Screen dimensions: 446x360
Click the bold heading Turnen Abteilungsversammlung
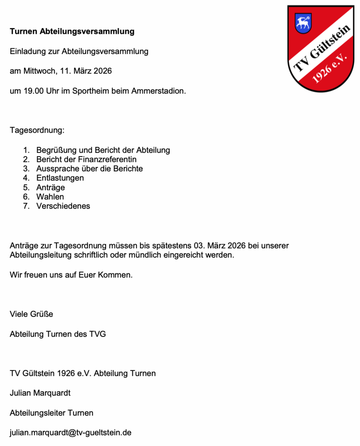pyautogui.click(x=72, y=31)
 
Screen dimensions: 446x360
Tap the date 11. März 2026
pyautogui.click(x=86, y=71)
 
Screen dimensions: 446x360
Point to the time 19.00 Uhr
pyautogui.click(x=34, y=91)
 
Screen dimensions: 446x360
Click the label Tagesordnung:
pyautogui.click(x=37, y=130)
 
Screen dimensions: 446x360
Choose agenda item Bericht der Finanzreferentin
pyautogui.click(x=86, y=159)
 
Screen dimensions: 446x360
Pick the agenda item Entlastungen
pyautogui.click(x=60, y=178)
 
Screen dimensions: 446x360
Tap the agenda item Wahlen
pyautogui.click(x=50, y=197)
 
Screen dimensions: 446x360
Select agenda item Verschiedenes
pyautogui.click(x=63, y=206)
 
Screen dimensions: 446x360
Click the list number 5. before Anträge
pyautogui.click(x=26, y=187)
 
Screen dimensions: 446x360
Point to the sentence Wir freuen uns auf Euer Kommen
pyautogui.click(x=71, y=275)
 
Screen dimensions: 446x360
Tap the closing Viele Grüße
pyautogui.click(x=31, y=314)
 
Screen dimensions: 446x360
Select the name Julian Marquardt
pyautogui.click(x=40, y=393)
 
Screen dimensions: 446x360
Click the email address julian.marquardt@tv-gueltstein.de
pyautogui.click(x=71, y=433)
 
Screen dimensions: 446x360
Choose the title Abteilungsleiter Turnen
pyautogui.click(x=51, y=413)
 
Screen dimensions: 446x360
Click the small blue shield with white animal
pyautogui.click(x=303, y=23)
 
